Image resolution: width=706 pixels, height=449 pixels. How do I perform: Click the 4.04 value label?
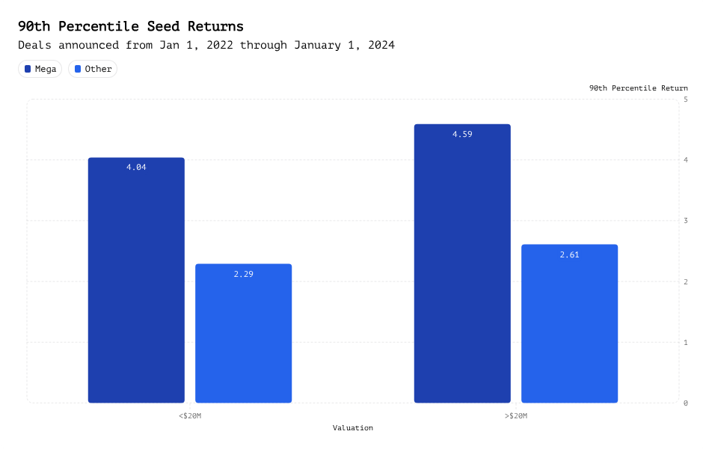(136, 168)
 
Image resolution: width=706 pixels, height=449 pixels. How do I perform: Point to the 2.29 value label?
(243, 274)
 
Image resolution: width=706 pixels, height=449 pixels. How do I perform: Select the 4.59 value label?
(461, 135)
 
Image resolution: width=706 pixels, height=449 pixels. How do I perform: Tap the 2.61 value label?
(569, 254)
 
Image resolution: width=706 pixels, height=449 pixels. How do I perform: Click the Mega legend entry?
(40, 69)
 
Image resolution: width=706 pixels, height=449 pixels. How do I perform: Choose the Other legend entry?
(92, 69)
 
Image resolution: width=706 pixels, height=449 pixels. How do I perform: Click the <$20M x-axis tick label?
(190, 415)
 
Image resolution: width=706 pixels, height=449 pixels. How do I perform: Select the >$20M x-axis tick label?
(515, 415)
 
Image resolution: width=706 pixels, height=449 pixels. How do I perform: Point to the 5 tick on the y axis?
(686, 100)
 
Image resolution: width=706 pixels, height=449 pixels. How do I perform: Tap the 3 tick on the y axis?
(686, 221)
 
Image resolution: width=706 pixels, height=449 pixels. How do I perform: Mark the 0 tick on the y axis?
(686, 403)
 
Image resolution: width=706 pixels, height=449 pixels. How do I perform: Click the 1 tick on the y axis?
(686, 342)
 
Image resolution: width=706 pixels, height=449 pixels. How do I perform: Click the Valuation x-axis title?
(353, 428)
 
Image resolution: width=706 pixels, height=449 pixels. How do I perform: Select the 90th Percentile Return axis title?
(638, 88)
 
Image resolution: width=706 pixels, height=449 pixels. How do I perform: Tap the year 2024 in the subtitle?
(379, 46)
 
